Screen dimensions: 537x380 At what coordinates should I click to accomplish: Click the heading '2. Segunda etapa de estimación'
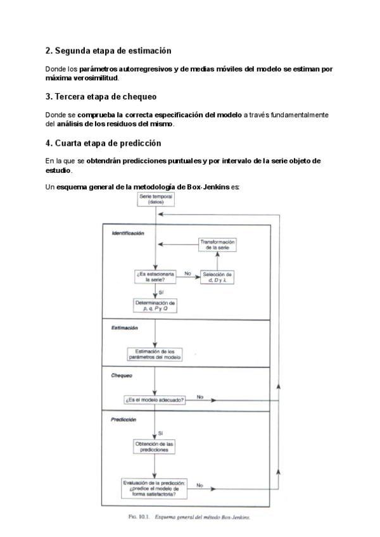[108, 50]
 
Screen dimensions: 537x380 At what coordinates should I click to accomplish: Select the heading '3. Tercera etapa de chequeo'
[101, 97]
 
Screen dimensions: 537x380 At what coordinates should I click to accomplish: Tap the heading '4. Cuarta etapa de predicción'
[103, 143]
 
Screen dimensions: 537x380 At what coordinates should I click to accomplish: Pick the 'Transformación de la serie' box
[217, 245]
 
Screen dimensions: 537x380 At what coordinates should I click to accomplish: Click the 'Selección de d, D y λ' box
[217, 276]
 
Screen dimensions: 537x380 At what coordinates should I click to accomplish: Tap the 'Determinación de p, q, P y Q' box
[155, 306]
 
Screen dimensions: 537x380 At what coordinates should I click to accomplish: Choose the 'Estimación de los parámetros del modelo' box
[155, 354]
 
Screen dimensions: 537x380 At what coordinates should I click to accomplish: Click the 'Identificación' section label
[128, 233]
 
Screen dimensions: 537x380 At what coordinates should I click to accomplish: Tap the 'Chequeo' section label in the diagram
[122, 375]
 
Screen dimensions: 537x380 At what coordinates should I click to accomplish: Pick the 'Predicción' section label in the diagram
[124, 419]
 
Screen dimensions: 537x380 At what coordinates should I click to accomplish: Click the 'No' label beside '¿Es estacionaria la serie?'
[187, 273]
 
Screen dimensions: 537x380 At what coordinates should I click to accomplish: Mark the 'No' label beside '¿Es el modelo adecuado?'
[199, 397]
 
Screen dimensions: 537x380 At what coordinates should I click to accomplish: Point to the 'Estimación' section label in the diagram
[125, 328]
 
